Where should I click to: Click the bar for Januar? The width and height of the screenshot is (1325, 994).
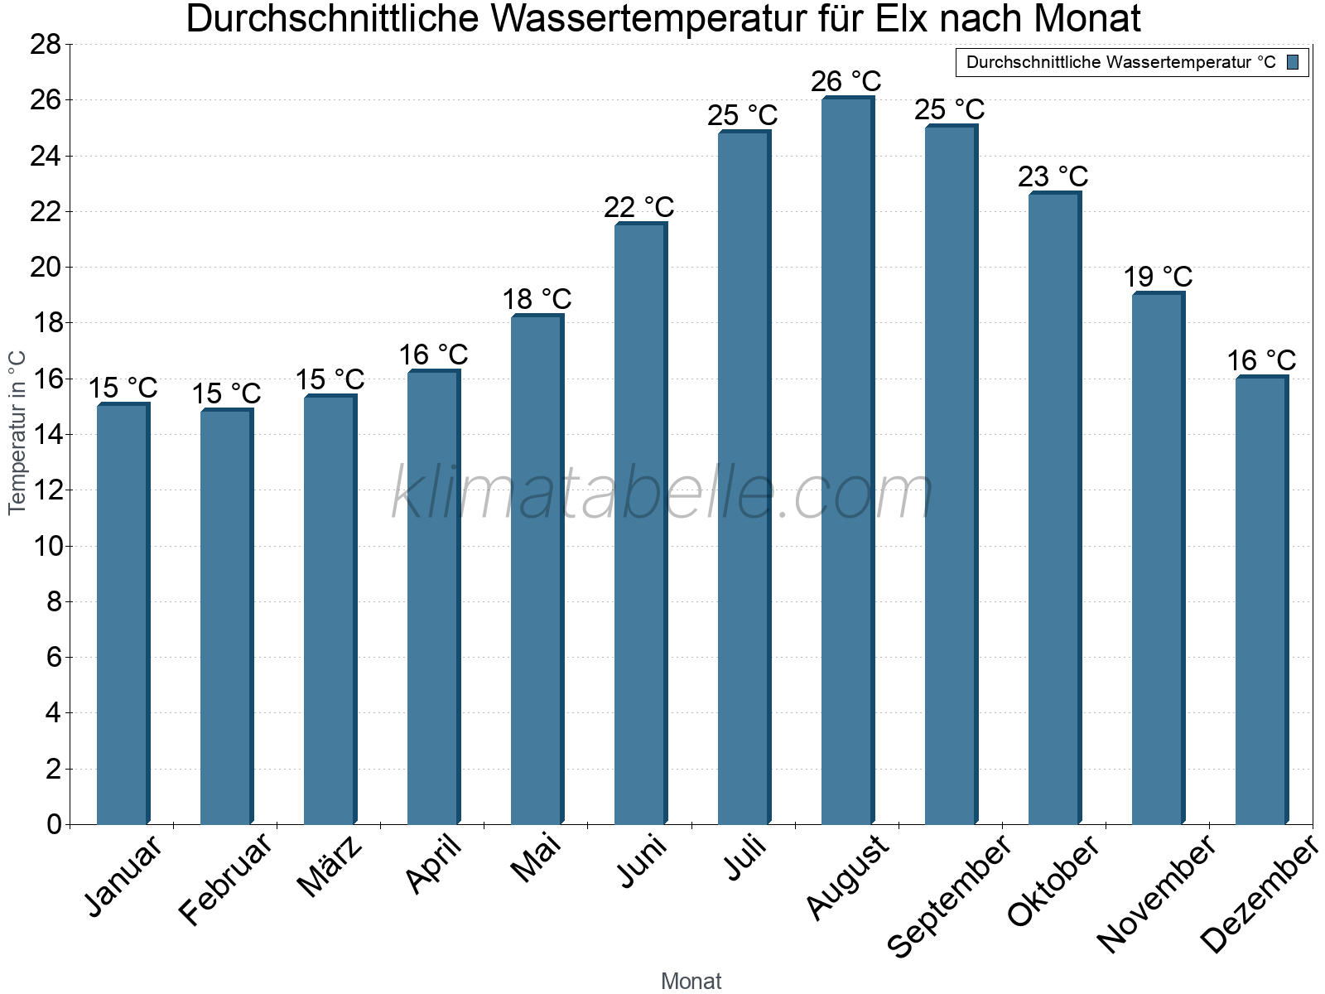point(123,614)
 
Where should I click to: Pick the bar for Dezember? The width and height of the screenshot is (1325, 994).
point(1261,601)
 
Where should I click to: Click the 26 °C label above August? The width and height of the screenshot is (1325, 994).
point(846,81)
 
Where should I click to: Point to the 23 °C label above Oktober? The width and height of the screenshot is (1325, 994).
point(1053,176)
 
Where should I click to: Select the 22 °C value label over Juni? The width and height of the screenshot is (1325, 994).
point(638,207)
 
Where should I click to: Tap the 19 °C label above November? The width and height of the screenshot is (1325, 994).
point(1157,277)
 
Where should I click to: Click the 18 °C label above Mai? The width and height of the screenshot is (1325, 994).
point(537,299)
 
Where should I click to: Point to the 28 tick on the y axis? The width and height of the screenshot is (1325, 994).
point(46,45)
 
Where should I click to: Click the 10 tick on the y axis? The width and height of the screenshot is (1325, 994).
point(46,546)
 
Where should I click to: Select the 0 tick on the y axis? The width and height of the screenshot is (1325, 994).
point(54,824)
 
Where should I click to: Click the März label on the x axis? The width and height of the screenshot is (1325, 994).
point(330,866)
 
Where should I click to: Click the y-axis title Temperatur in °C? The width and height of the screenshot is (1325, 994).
point(17,432)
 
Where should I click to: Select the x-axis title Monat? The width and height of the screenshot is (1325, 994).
point(691,981)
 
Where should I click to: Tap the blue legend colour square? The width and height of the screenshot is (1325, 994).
point(1293,62)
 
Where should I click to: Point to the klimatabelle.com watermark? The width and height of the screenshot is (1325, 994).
point(662,495)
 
